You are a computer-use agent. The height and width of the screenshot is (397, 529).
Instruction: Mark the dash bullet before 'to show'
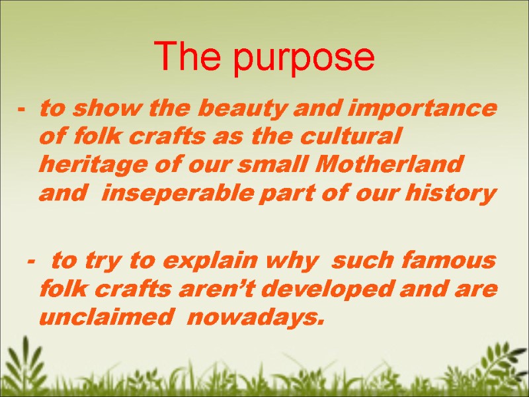22,110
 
